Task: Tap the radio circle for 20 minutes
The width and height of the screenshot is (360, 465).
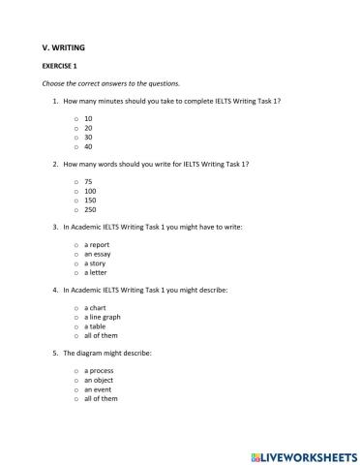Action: [x=75, y=127]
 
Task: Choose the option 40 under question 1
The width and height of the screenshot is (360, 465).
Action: [x=88, y=146]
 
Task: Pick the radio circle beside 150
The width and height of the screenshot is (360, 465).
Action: [x=75, y=200]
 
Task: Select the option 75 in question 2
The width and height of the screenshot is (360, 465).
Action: [x=88, y=181]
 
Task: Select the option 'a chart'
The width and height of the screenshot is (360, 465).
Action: [x=95, y=307]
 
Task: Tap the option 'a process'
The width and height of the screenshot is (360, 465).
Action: [x=99, y=370]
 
